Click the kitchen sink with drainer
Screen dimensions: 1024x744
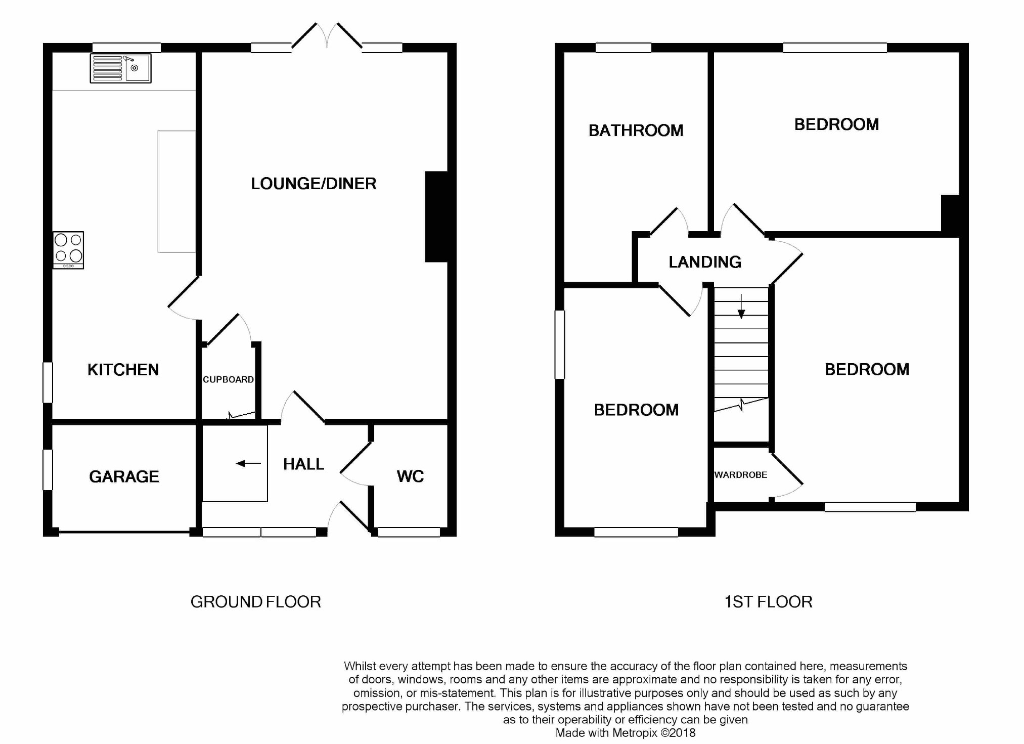click(120, 68)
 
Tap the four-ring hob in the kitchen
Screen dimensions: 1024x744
click(68, 250)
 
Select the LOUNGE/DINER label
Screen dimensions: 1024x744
click(314, 183)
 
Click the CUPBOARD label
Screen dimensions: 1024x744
click(228, 379)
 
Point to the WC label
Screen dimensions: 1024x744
click(410, 476)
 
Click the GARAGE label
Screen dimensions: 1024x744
click(124, 476)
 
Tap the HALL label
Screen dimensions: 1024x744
click(303, 464)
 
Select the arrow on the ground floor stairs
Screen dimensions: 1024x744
click(248, 463)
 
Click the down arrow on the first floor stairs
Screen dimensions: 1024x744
click(741, 306)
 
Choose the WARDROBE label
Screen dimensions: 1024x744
click(741, 475)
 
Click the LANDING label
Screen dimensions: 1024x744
click(705, 261)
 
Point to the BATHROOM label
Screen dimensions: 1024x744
click(636, 130)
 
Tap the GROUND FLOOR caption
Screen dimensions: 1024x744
click(256, 601)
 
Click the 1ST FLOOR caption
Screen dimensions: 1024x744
click(768, 601)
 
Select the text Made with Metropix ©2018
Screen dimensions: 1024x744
click(626, 732)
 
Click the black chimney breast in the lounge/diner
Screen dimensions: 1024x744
click(437, 216)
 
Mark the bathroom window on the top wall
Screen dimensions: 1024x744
click(623, 48)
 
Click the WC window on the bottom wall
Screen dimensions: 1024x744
click(409, 532)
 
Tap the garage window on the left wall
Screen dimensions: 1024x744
click(48, 470)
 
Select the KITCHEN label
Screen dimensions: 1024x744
click(123, 370)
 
